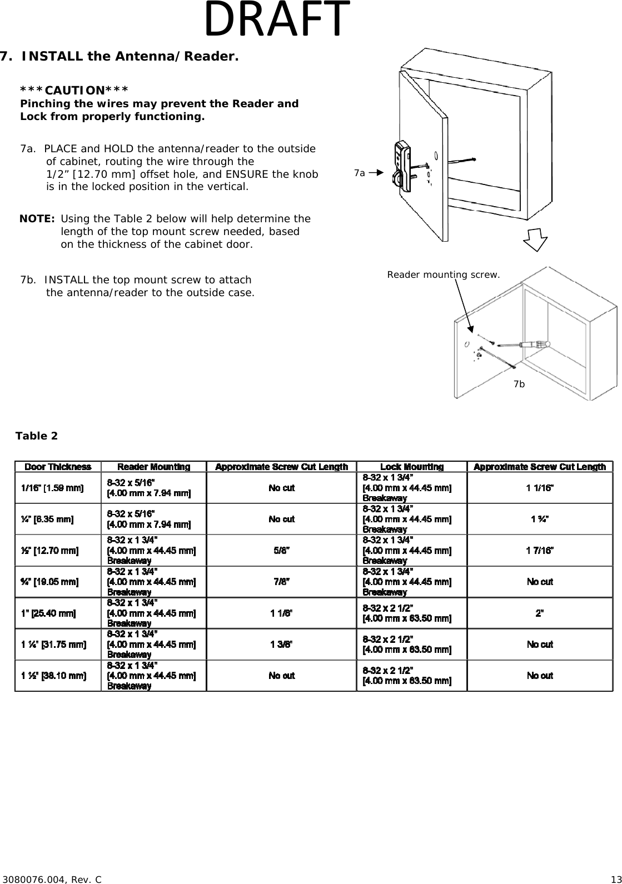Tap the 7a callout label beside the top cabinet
point(360,173)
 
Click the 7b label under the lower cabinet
point(519,384)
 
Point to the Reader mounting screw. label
point(443,274)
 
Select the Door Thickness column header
point(58,467)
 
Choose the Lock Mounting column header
point(411,467)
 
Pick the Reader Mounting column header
point(153,467)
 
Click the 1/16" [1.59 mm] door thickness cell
point(52,488)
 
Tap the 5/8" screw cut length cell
point(281,551)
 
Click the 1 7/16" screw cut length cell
point(539,551)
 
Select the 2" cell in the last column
point(539,613)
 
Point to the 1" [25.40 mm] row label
point(48,613)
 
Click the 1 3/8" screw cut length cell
point(281,645)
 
